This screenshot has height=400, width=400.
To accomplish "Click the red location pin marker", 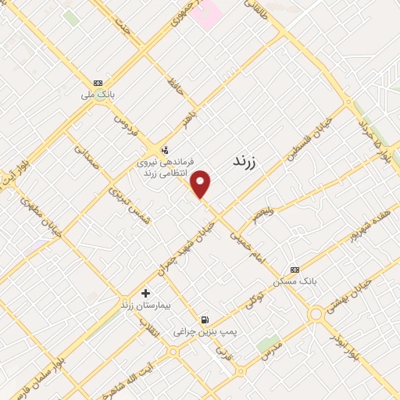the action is pos(202,184).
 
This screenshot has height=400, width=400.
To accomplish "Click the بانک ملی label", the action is pos(98,95).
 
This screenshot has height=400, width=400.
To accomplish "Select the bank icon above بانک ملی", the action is pos(98,83).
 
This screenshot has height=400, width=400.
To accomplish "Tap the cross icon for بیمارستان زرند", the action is pos(145,292).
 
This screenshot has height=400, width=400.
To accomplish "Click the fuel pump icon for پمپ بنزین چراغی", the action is pos(205,319).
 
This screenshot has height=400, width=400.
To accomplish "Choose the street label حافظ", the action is pos(175,86).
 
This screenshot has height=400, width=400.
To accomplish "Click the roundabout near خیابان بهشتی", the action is pos(316,315).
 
